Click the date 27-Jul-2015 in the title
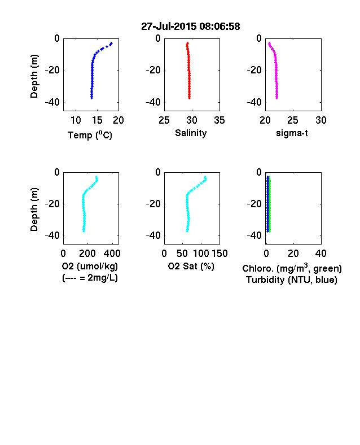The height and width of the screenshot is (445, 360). [x=169, y=27]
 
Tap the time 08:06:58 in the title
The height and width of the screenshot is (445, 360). [x=219, y=27]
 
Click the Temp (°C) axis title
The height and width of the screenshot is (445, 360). [x=90, y=135]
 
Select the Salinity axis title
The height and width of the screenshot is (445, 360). [x=191, y=133]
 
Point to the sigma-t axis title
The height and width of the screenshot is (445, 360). [x=292, y=133]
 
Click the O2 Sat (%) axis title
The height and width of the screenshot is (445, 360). [x=191, y=266]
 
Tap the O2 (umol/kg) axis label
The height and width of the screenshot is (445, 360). [x=90, y=266]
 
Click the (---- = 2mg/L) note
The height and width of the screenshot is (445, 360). [x=90, y=277]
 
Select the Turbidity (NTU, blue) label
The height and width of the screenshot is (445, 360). [x=292, y=280]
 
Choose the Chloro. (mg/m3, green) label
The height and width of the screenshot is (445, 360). [x=292, y=268]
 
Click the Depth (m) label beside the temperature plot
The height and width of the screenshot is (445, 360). [x=34, y=76]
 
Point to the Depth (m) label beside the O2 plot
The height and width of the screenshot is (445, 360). [x=34, y=210]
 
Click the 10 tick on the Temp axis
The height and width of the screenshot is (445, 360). [x=76, y=120]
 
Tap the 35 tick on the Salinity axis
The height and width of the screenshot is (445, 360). [x=219, y=120]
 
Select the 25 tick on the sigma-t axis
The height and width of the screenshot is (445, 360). [x=292, y=120]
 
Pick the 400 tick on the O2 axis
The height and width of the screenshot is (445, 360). [x=112, y=254]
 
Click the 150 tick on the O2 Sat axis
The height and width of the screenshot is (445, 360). [x=219, y=254]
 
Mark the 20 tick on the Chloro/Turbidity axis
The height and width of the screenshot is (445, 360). [x=293, y=254]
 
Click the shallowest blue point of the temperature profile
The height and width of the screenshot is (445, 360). [x=112, y=43]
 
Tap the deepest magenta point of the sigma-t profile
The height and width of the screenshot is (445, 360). [x=277, y=98]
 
